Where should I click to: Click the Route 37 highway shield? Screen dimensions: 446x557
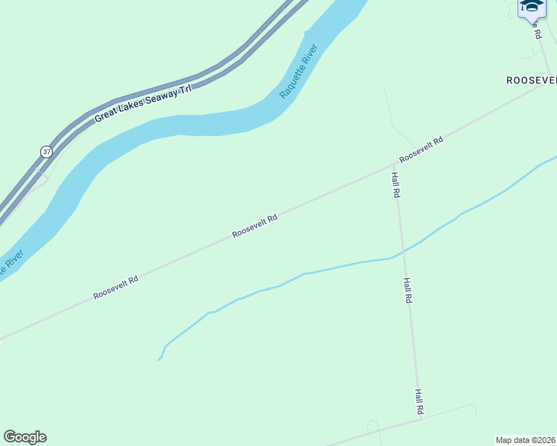(x=47, y=152)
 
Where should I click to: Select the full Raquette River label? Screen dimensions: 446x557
(x=299, y=72)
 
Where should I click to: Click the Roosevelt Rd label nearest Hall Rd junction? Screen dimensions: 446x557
(x=421, y=149)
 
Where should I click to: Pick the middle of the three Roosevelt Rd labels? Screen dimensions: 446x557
(x=255, y=226)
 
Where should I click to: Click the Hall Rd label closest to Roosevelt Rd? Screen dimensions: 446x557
(x=396, y=184)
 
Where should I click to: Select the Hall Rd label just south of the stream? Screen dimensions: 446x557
(x=407, y=290)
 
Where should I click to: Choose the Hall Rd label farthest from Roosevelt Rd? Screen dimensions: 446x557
(x=419, y=401)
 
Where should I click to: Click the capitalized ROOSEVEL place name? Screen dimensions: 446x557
(x=531, y=80)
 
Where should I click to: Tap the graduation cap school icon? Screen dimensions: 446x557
(x=532, y=7)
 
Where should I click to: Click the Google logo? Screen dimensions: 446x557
(x=25, y=437)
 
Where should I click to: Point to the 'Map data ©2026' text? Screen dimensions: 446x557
(x=526, y=439)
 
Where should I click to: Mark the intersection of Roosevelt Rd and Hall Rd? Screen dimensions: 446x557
(x=394, y=164)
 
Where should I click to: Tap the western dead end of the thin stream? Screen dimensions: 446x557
(x=158, y=361)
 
